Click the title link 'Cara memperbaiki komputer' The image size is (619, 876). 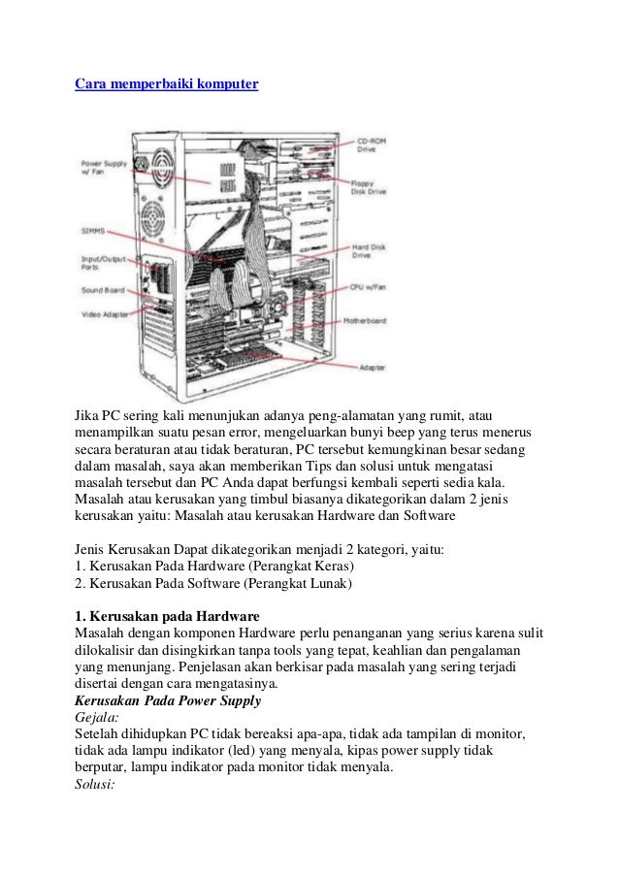(x=167, y=85)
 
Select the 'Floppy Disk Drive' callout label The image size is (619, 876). (x=369, y=187)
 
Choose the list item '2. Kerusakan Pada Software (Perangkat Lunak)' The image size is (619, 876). (x=213, y=583)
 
